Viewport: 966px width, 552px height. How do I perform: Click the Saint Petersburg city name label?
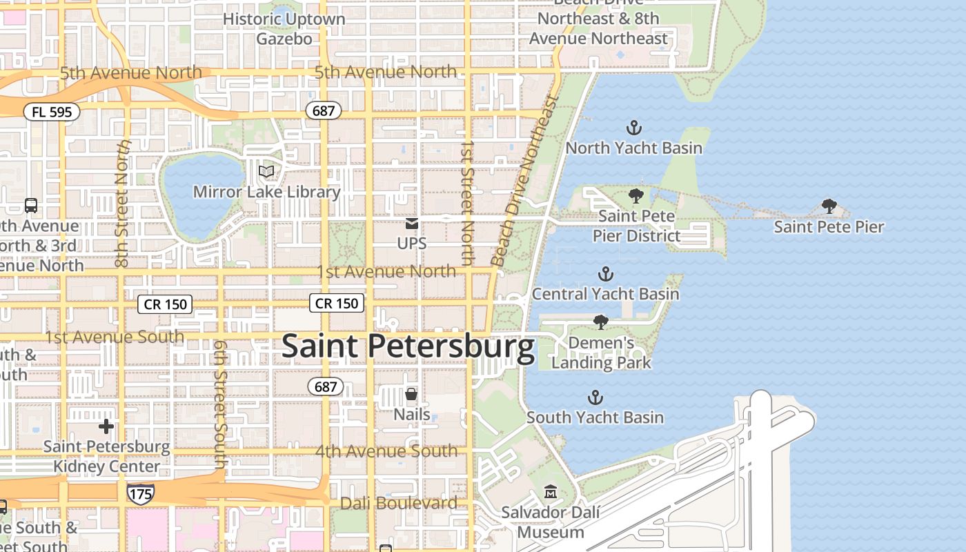pyautogui.click(x=408, y=346)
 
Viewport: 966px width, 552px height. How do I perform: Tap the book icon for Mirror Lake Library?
pyautogui.click(x=266, y=170)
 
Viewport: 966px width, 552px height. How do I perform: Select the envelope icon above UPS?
pyautogui.click(x=412, y=223)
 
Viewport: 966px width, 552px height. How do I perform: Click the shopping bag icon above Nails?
pyautogui.click(x=411, y=394)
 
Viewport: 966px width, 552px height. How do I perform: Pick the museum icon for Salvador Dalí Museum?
pyautogui.click(x=551, y=492)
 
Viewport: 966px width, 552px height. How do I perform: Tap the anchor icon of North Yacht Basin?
pyautogui.click(x=633, y=127)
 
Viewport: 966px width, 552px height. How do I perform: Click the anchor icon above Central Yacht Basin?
pyautogui.click(x=605, y=274)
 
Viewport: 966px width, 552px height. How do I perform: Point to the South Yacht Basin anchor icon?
pyautogui.click(x=595, y=397)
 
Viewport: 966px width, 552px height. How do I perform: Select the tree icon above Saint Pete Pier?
pyautogui.click(x=829, y=206)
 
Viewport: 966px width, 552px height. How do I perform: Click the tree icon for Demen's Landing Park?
pyautogui.click(x=601, y=322)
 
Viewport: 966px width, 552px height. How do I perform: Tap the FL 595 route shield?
pyautogui.click(x=52, y=111)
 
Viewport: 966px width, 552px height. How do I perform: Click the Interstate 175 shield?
pyautogui.click(x=140, y=493)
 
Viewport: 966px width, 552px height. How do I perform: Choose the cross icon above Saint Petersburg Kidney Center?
pyautogui.click(x=106, y=426)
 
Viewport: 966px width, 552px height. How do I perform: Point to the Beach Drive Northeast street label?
pyautogui.click(x=524, y=181)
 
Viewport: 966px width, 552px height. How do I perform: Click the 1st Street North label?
pyautogui.click(x=468, y=204)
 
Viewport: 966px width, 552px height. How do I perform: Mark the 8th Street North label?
pyautogui.click(x=123, y=204)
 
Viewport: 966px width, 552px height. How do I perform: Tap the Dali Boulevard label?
pyautogui.click(x=399, y=503)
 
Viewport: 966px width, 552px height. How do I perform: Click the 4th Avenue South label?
pyautogui.click(x=386, y=451)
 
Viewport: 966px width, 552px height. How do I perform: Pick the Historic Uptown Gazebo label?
pyautogui.click(x=284, y=28)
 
